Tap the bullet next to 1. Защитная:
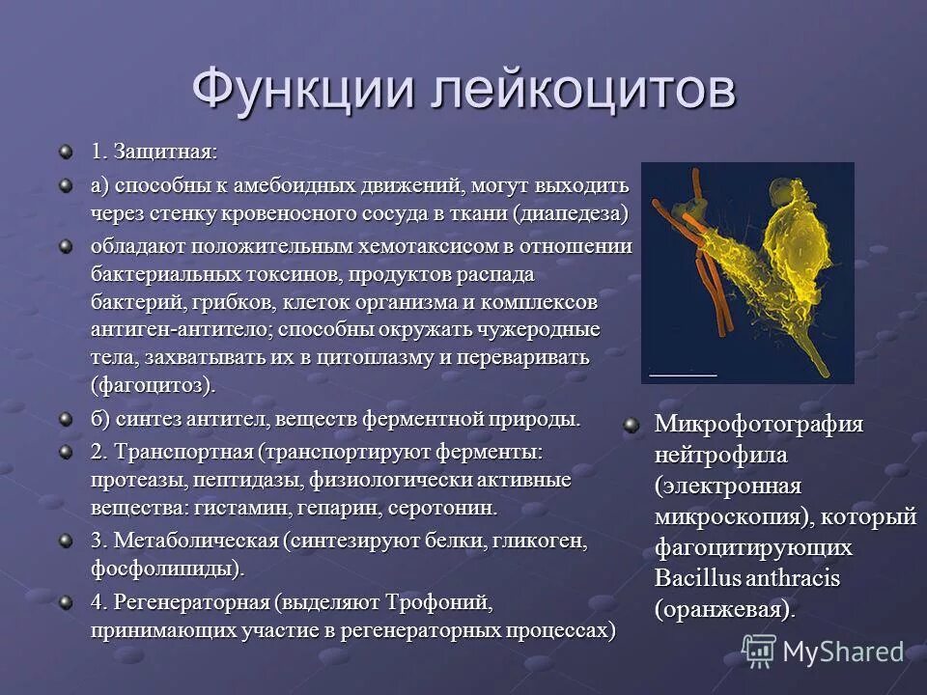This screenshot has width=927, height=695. coord(65,152)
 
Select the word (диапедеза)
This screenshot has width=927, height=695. coord(571,212)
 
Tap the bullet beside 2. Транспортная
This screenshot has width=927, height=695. coord(65,452)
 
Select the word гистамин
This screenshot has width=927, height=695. coord(239,507)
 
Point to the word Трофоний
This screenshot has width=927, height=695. coord(439,603)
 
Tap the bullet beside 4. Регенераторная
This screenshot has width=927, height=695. coord(65,602)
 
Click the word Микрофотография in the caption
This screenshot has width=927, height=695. coord(759,425)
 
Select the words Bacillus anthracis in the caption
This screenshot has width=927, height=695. coord(747,579)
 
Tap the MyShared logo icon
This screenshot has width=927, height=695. coord(758,652)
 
